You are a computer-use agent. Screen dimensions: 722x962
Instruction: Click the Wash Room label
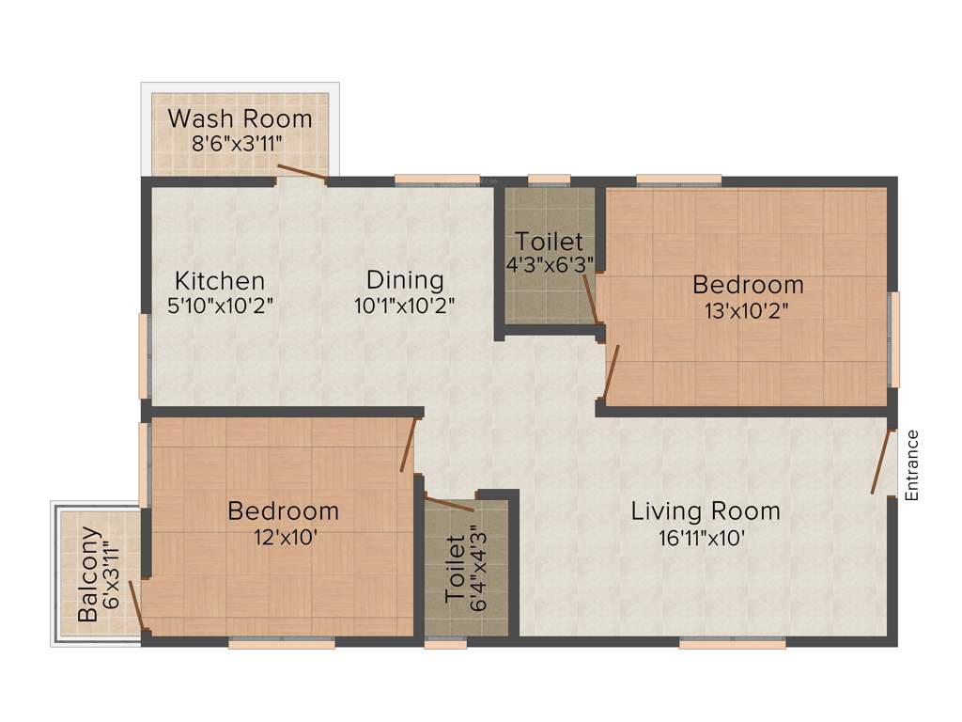[x=240, y=119]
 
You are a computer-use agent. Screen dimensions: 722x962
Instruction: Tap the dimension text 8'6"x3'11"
[x=239, y=144]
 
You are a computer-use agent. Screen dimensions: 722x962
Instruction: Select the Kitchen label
[x=220, y=280]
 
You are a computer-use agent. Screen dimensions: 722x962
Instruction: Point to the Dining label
[x=405, y=279]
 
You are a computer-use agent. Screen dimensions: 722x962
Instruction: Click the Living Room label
[x=705, y=511]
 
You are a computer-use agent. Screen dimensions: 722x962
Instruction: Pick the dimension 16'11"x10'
[x=705, y=539]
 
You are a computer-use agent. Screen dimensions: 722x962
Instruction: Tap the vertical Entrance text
[x=910, y=464]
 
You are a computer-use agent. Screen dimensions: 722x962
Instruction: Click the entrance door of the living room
[x=881, y=462]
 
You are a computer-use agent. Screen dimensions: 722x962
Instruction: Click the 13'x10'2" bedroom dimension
[x=748, y=311]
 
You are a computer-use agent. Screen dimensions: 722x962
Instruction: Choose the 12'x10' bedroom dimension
[x=284, y=539]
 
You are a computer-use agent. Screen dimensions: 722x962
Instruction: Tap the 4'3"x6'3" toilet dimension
[x=550, y=265]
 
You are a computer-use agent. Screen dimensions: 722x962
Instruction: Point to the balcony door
[x=136, y=606]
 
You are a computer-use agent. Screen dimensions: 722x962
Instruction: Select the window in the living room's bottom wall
[x=732, y=644]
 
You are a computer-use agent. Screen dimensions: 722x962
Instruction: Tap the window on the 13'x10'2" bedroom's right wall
[x=894, y=339]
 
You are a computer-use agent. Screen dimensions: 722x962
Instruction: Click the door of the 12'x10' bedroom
[x=408, y=445]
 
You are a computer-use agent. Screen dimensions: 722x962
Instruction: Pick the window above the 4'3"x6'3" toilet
[x=549, y=179]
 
